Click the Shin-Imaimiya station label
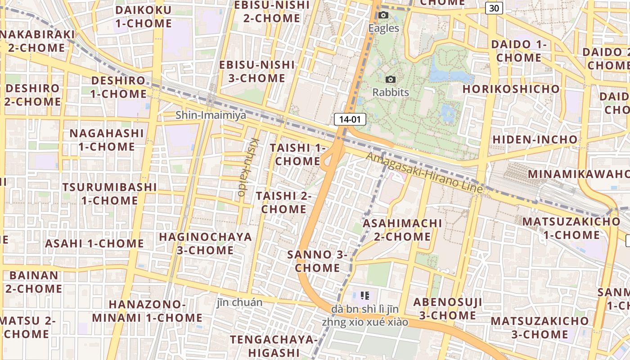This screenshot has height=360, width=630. pos(211,115)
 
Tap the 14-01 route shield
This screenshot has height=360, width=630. pos(350,119)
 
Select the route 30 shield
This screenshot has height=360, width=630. pos(494,8)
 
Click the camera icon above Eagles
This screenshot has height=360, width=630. pos(383,15)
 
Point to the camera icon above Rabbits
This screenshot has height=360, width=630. pos(391,80)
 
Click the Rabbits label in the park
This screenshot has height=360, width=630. pos(391,93)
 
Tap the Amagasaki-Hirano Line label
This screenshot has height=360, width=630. pos(424,173)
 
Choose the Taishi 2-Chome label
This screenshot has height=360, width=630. pos(284,202)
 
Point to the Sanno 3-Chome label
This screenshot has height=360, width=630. pos(318,261)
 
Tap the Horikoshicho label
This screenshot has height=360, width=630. pos(511,89)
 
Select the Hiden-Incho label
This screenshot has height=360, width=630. pos(535,139)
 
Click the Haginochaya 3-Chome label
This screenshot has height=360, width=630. pos(205,243)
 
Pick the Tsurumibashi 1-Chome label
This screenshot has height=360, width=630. pos(109,193)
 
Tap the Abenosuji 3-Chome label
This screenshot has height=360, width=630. pos(448,309)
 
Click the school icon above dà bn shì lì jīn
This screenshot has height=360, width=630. pos(365,296)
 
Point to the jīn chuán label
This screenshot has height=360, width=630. pos(239,302)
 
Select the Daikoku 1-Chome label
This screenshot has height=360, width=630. pos(144,17)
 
